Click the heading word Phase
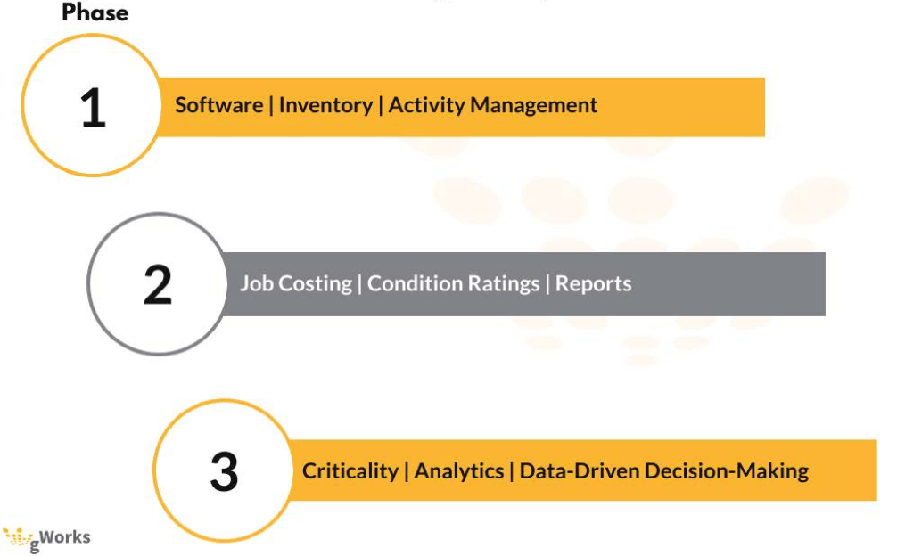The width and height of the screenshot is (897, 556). pos(95,13)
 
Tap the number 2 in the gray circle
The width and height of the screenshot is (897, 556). pos(158,285)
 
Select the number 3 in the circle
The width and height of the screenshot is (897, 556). pos(224,471)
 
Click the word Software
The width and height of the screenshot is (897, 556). pos(218,105)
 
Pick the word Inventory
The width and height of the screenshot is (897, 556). pos(325,105)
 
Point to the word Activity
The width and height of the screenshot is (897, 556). pos(427,105)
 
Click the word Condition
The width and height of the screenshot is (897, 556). pos(412,284)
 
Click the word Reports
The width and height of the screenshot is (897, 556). pos(594,284)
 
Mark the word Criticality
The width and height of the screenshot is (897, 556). pos(350,471)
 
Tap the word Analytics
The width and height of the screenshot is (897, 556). pos(458,471)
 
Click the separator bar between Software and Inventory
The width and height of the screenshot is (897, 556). pos(271,105)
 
